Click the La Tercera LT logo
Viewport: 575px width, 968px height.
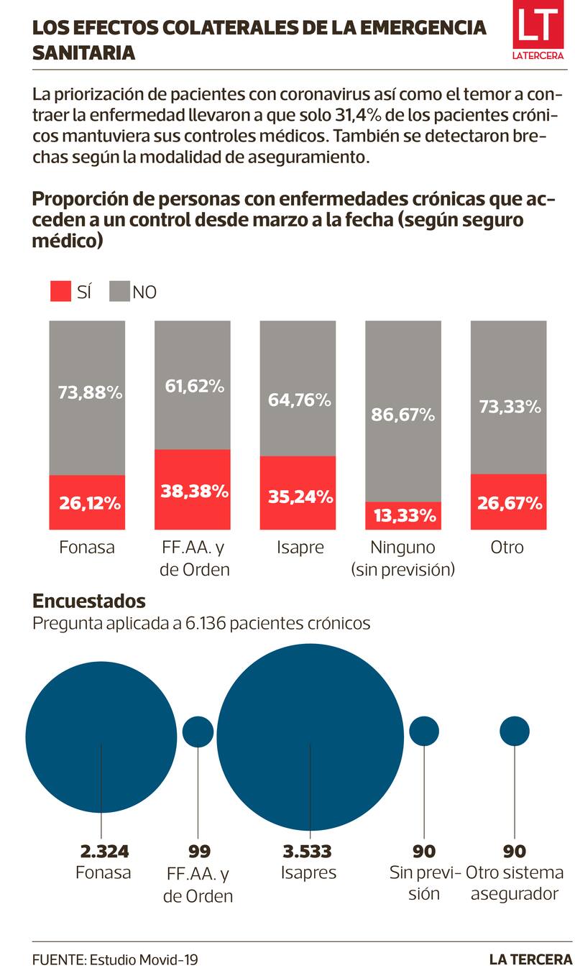[538, 33]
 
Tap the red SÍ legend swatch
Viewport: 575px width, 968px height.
[61, 291]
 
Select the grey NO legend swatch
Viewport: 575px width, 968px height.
[119, 291]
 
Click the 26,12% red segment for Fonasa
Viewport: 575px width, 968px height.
[87, 502]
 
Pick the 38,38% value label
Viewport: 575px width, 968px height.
[192, 492]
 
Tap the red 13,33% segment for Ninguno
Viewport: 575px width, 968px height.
[403, 515]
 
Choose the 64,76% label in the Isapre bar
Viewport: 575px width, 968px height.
[298, 400]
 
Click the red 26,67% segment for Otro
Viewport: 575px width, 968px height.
[508, 502]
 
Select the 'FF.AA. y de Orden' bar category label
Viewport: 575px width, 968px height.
[192, 558]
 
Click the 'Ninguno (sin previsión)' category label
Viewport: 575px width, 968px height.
[403, 558]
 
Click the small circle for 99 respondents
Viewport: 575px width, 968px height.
[198, 732]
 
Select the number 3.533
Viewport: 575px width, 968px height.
[307, 852]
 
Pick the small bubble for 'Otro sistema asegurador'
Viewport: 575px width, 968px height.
[515, 731]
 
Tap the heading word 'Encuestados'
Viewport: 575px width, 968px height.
[89, 601]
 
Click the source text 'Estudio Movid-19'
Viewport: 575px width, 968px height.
[144, 959]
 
